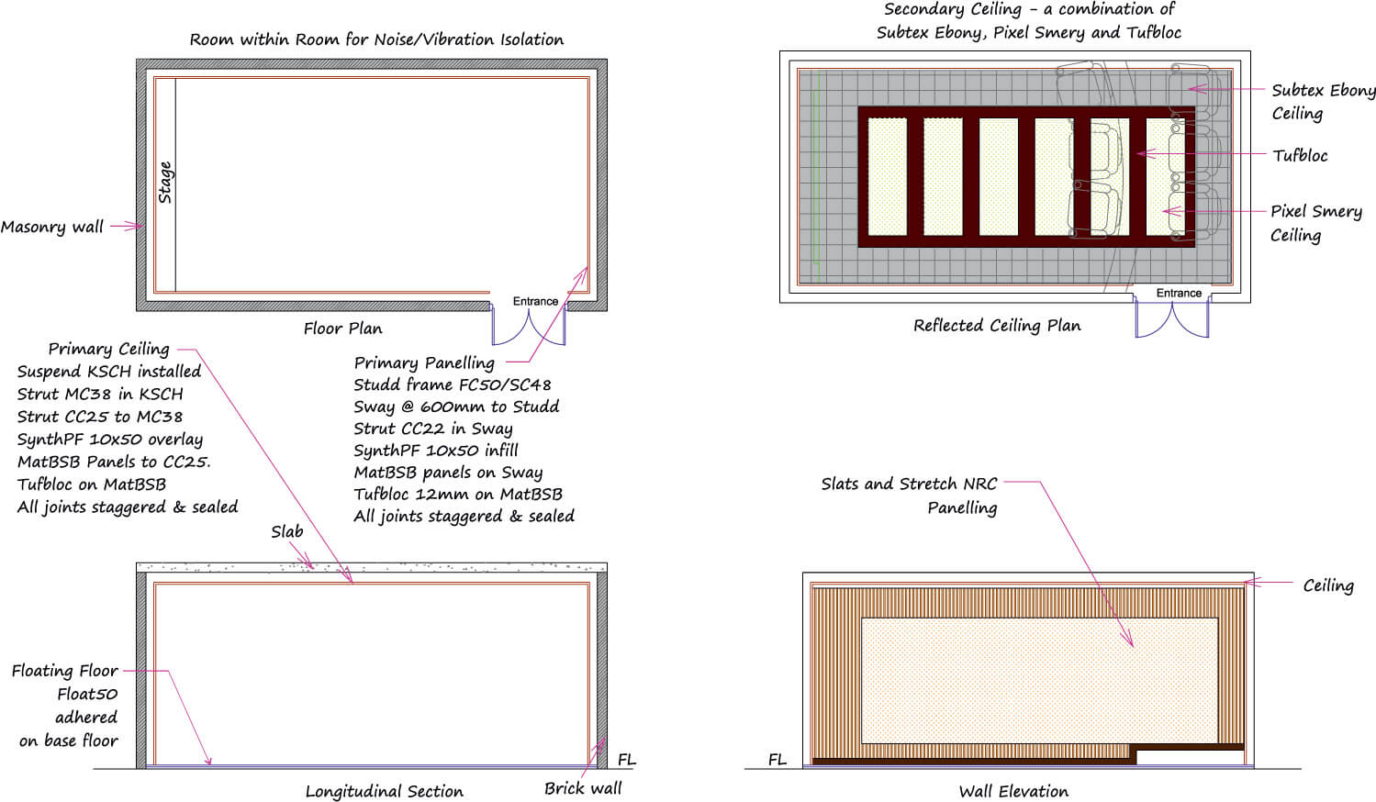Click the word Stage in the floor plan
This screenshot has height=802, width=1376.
click(165, 182)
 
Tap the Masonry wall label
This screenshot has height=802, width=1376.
click(52, 227)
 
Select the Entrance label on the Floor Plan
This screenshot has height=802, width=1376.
click(535, 301)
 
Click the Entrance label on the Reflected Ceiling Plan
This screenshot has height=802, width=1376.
click(1179, 293)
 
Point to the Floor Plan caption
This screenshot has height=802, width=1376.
click(342, 329)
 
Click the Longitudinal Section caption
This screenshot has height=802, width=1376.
click(384, 791)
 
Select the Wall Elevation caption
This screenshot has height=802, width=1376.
click(1013, 791)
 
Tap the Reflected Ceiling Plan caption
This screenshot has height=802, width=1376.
click(997, 326)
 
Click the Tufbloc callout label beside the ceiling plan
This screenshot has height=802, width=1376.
click(1300, 155)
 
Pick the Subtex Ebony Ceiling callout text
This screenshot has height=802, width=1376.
click(1323, 101)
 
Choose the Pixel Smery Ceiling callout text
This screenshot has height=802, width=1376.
click(1315, 223)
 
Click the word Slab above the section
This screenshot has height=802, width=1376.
click(286, 531)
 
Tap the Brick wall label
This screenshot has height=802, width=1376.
click(582, 788)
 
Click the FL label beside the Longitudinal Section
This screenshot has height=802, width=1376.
click(626, 760)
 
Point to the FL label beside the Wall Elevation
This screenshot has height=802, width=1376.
click(777, 760)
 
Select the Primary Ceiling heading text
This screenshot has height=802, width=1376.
click(108, 349)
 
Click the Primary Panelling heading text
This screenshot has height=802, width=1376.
click(424, 362)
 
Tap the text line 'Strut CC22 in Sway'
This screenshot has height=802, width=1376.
click(433, 429)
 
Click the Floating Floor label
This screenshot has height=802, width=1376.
click(64, 671)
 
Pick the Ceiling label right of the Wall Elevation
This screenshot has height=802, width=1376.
click(1327, 585)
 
